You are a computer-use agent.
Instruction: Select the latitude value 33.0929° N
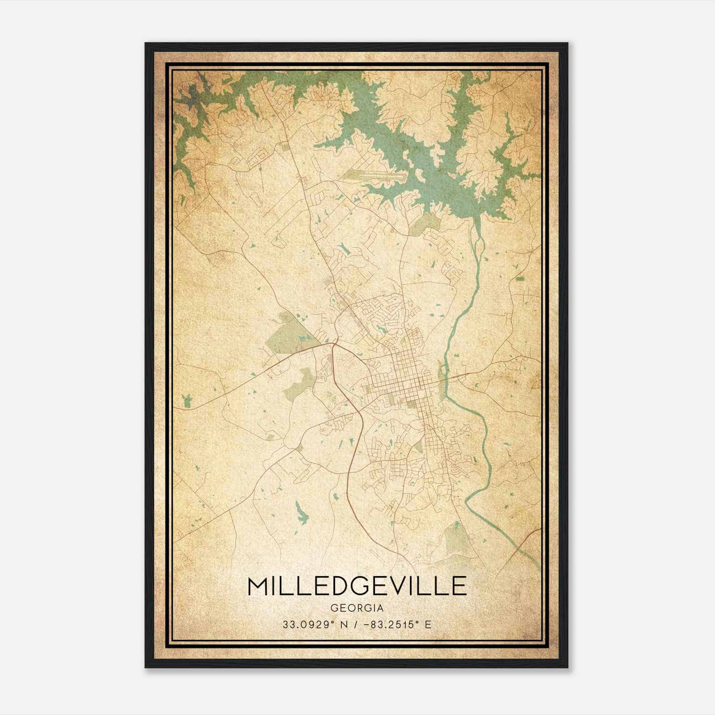(308, 624)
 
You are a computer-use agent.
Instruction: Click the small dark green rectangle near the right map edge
(520, 279)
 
